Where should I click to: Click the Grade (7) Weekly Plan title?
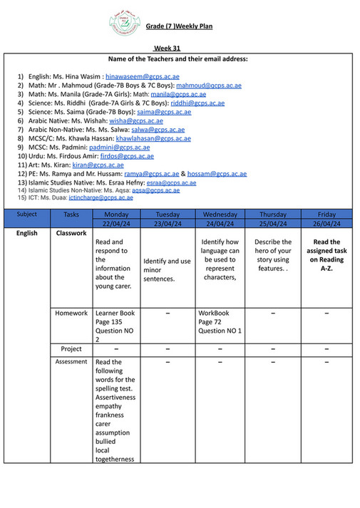(x=179, y=26)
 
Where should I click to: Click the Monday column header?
(x=116, y=214)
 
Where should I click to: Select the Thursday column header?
(x=272, y=214)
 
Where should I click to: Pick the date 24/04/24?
(x=220, y=223)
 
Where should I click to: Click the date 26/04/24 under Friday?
(x=326, y=223)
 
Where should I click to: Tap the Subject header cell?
(x=27, y=214)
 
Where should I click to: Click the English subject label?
(x=27, y=233)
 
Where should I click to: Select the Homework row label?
(x=71, y=313)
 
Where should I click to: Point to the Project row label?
(x=71, y=349)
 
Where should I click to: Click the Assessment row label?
(x=71, y=362)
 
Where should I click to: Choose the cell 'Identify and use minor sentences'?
(x=167, y=270)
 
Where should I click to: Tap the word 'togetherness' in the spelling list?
(x=114, y=459)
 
